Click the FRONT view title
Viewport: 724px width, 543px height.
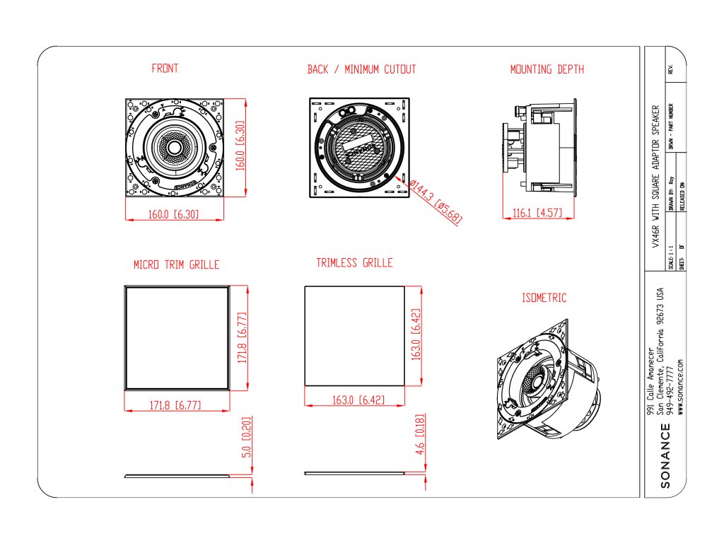click(165, 69)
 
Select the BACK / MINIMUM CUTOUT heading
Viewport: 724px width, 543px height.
click(361, 69)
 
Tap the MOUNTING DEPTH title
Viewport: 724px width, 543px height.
click(547, 69)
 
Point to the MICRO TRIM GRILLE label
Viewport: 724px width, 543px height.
click(176, 264)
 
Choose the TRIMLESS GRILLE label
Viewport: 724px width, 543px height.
click(354, 263)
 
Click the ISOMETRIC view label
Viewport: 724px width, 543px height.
click(544, 298)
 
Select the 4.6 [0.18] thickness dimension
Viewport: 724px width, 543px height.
click(420, 439)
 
